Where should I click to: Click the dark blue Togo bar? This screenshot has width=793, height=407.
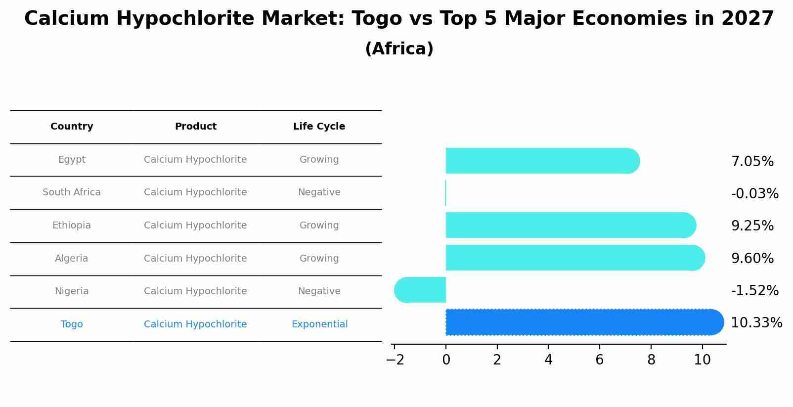coord(583,322)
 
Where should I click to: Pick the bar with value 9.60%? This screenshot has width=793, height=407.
coord(573,258)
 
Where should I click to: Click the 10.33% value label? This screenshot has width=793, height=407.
coord(756,323)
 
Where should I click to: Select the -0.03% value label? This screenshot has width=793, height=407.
coord(754,193)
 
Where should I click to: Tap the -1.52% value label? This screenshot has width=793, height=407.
coord(754,290)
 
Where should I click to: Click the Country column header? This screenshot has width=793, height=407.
coord(72,127)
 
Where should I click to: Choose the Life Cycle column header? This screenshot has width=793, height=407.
coord(319,127)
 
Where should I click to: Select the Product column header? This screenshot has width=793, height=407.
coord(195,127)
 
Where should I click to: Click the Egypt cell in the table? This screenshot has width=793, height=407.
coord(72,160)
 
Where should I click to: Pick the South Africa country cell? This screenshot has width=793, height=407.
coord(72,192)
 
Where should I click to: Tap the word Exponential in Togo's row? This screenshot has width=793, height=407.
coord(319,324)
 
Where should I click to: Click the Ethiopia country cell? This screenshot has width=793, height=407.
coord(72,226)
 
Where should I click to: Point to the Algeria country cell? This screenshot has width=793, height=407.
coord(72,259)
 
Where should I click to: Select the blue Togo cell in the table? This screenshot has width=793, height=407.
coord(72,324)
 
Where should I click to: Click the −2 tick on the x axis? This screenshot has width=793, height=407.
coord(395,360)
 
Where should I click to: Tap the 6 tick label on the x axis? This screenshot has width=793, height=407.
coord(600,360)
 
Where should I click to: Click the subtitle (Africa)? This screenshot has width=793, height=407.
coord(399,49)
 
